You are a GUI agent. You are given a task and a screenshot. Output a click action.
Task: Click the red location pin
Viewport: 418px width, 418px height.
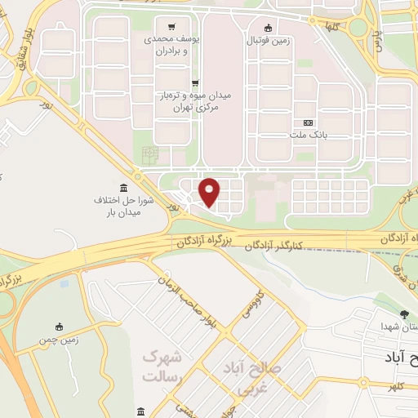tap(210, 191)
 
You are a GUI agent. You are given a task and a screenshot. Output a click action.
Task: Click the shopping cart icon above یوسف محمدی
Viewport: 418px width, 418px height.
tap(171, 26)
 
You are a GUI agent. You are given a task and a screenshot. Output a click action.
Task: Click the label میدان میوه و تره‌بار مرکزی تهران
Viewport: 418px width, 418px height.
tap(195, 101)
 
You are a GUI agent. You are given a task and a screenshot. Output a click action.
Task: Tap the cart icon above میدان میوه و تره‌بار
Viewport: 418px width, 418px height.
tap(195, 82)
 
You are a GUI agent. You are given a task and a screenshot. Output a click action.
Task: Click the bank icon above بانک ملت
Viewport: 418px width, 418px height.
tap(308, 122)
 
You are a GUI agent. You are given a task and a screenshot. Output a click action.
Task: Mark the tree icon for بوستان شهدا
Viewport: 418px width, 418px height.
tap(403, 314)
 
